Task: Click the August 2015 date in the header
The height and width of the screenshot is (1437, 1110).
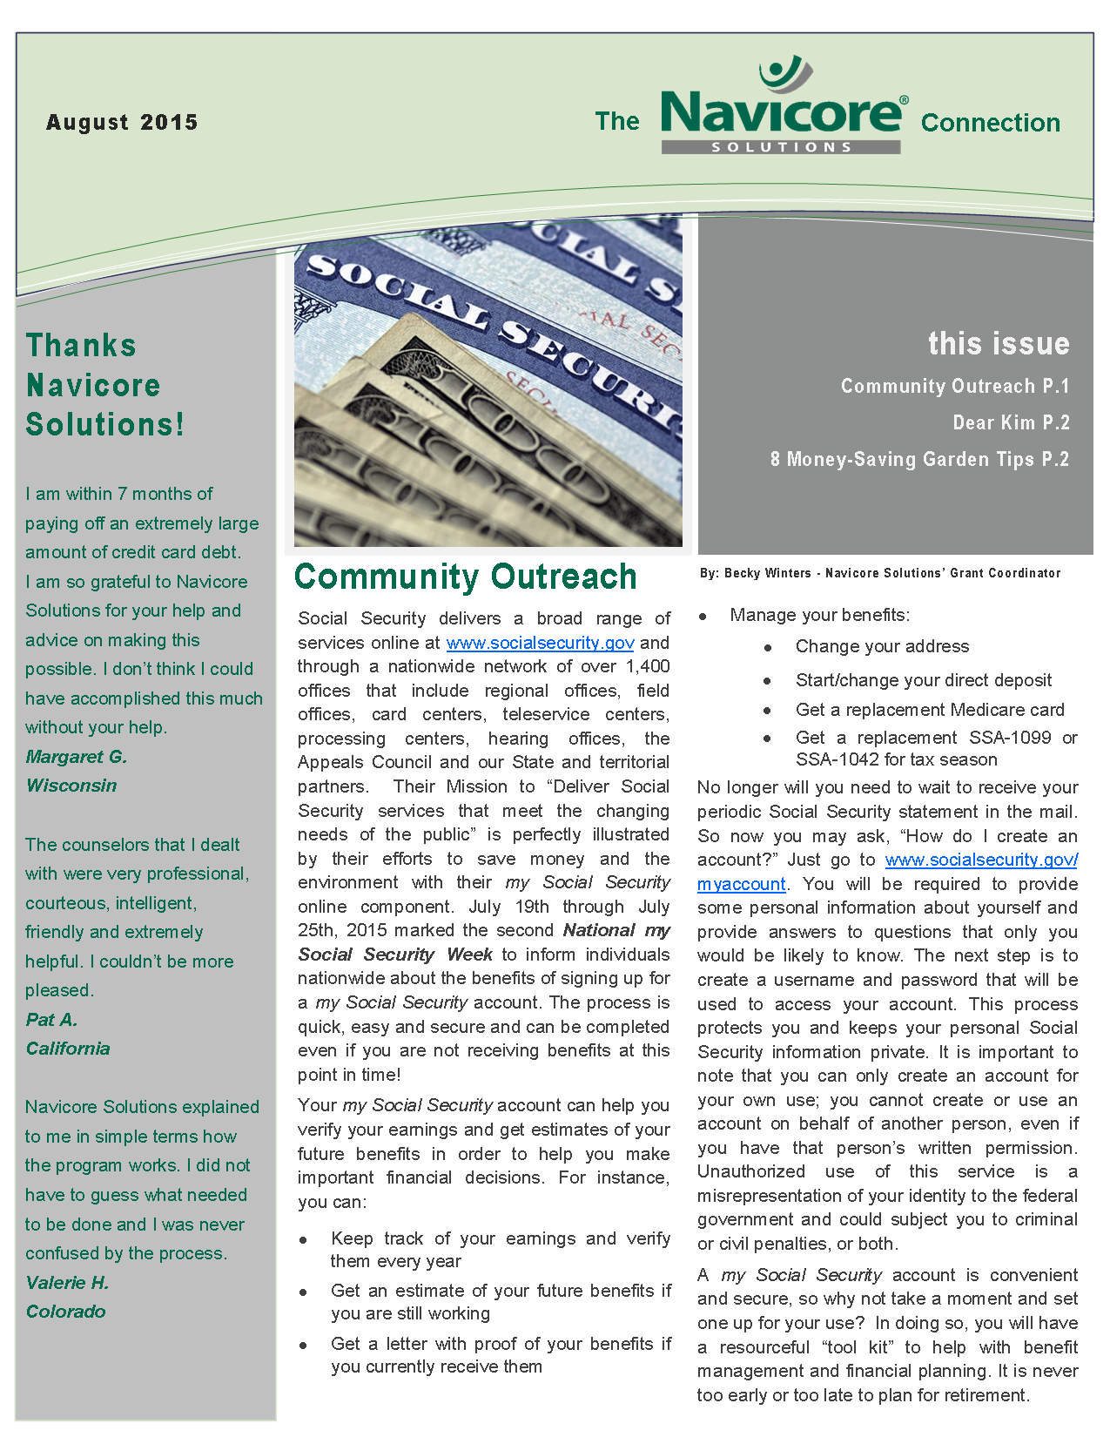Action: pyautogui.click(x=122, y=122)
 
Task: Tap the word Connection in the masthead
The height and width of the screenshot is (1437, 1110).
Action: pyautogui.click(x=990, y=123)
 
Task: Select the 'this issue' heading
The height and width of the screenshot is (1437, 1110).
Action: pyautogui.click(x=998, y=344)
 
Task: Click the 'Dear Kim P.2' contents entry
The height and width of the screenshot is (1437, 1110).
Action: pyautogui.click(x=1011, y=423)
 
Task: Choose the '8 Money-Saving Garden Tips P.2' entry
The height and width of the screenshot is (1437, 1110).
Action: pyautogui.click(x=918, y=460)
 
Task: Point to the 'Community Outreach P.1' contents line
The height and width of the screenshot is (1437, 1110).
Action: pyautogui.click(x=954, y=387)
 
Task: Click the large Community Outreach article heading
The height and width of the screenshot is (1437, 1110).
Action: pyautogui.click(x=466, y=577)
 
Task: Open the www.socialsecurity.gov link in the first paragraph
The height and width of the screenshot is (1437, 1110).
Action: pyautogui.click(x=540, y=643)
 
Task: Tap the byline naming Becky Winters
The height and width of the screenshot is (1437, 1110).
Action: pyautogui.click(x=879, y=573)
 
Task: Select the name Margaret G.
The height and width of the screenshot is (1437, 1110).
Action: pyautogui.click(x=77, y=757)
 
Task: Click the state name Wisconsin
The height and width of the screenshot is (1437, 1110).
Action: pyautogui.click(x=71, y=786)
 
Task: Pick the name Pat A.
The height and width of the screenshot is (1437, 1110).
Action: pyautogui.click(x=52, y=1020)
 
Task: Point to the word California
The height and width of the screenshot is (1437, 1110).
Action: pyautogui.click(x=68, y=1049)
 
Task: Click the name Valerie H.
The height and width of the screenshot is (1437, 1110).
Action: pyautogui.click(x=67, y=1283)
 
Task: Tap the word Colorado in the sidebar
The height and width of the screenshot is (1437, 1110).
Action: pyautogui.click(x=66, y=1312)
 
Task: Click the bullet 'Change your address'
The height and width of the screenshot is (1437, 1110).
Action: pyautogui.click(x=882, y=646)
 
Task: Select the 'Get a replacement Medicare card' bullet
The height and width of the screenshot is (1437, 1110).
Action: pyautogui.click(x=930, y=710)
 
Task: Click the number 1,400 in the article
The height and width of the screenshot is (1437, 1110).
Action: pyautogui.click(x=648, y=667)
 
